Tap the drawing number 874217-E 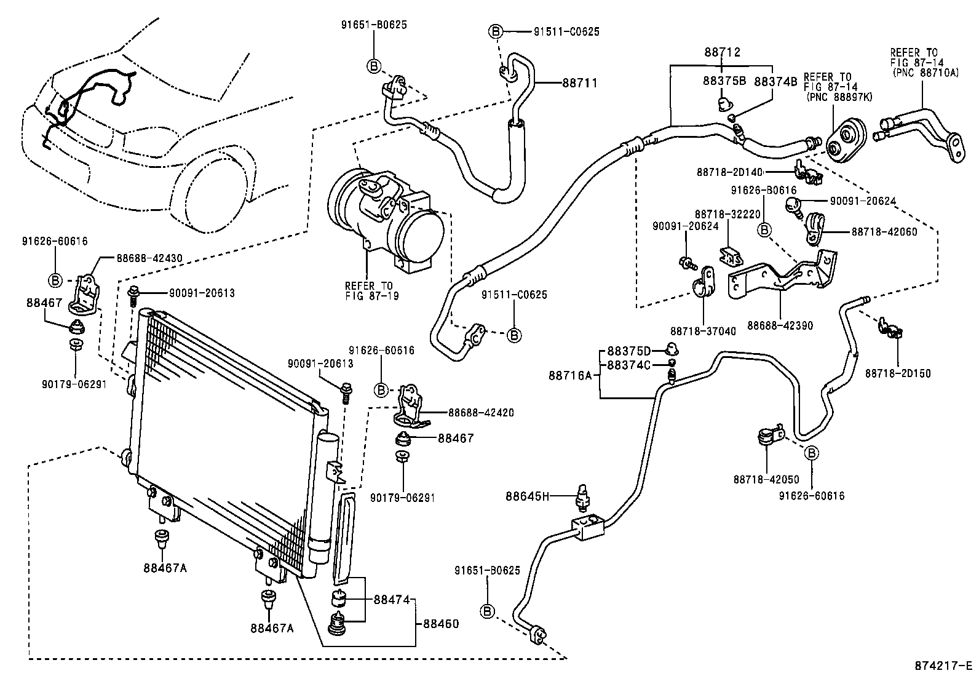click(943, 666)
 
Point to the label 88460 click(440, 624)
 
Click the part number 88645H click(527, 495)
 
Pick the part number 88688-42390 click(780, 325)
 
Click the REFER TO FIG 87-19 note click(371, 291)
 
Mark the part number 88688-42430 click(149, 259)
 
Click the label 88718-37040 click(702, 332)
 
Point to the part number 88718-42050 click(766, 479)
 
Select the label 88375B click(724, 81)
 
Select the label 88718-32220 click(728, 214)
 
